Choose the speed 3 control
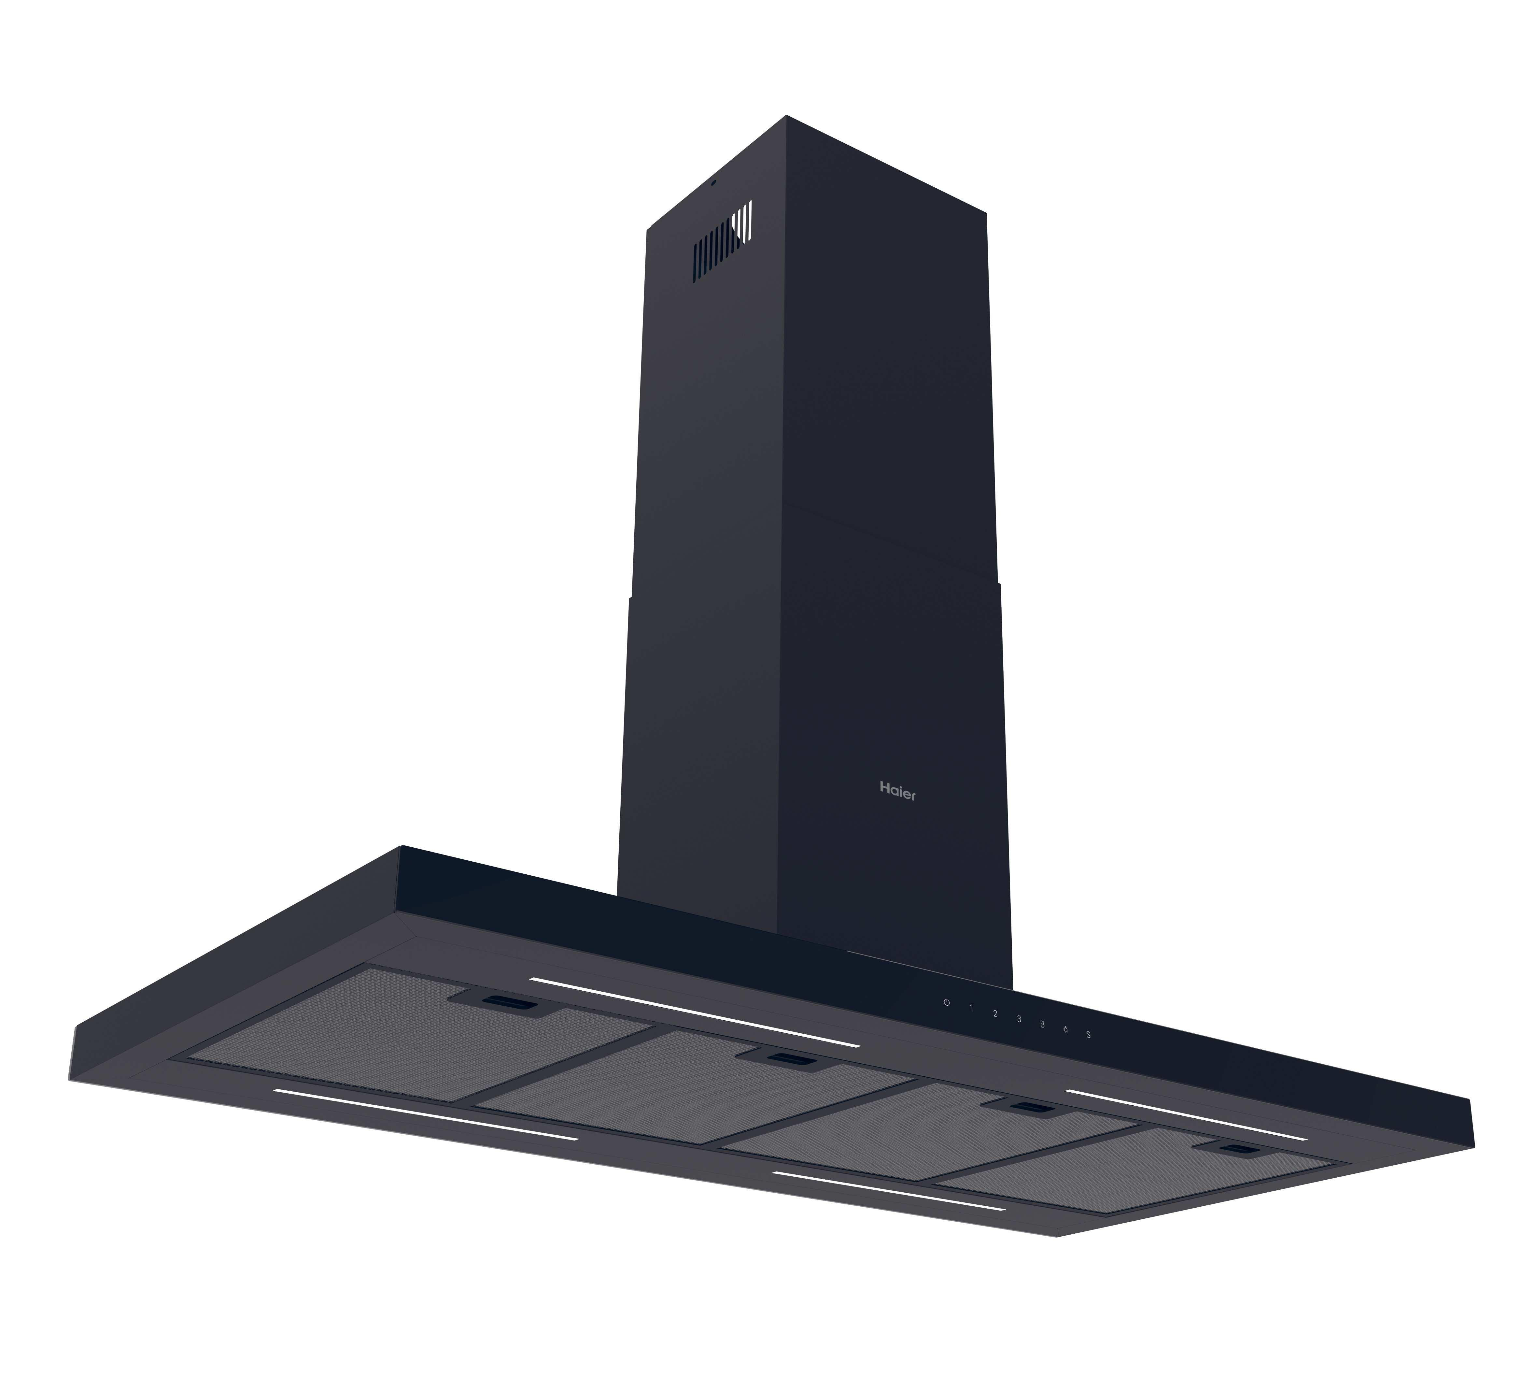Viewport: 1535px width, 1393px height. (1019, 1019)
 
